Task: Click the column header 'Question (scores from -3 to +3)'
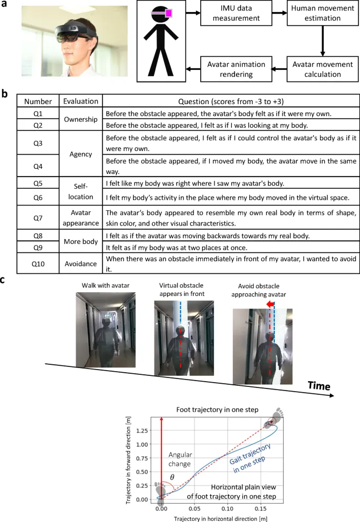point(231,101)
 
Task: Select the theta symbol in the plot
point(172,477)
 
